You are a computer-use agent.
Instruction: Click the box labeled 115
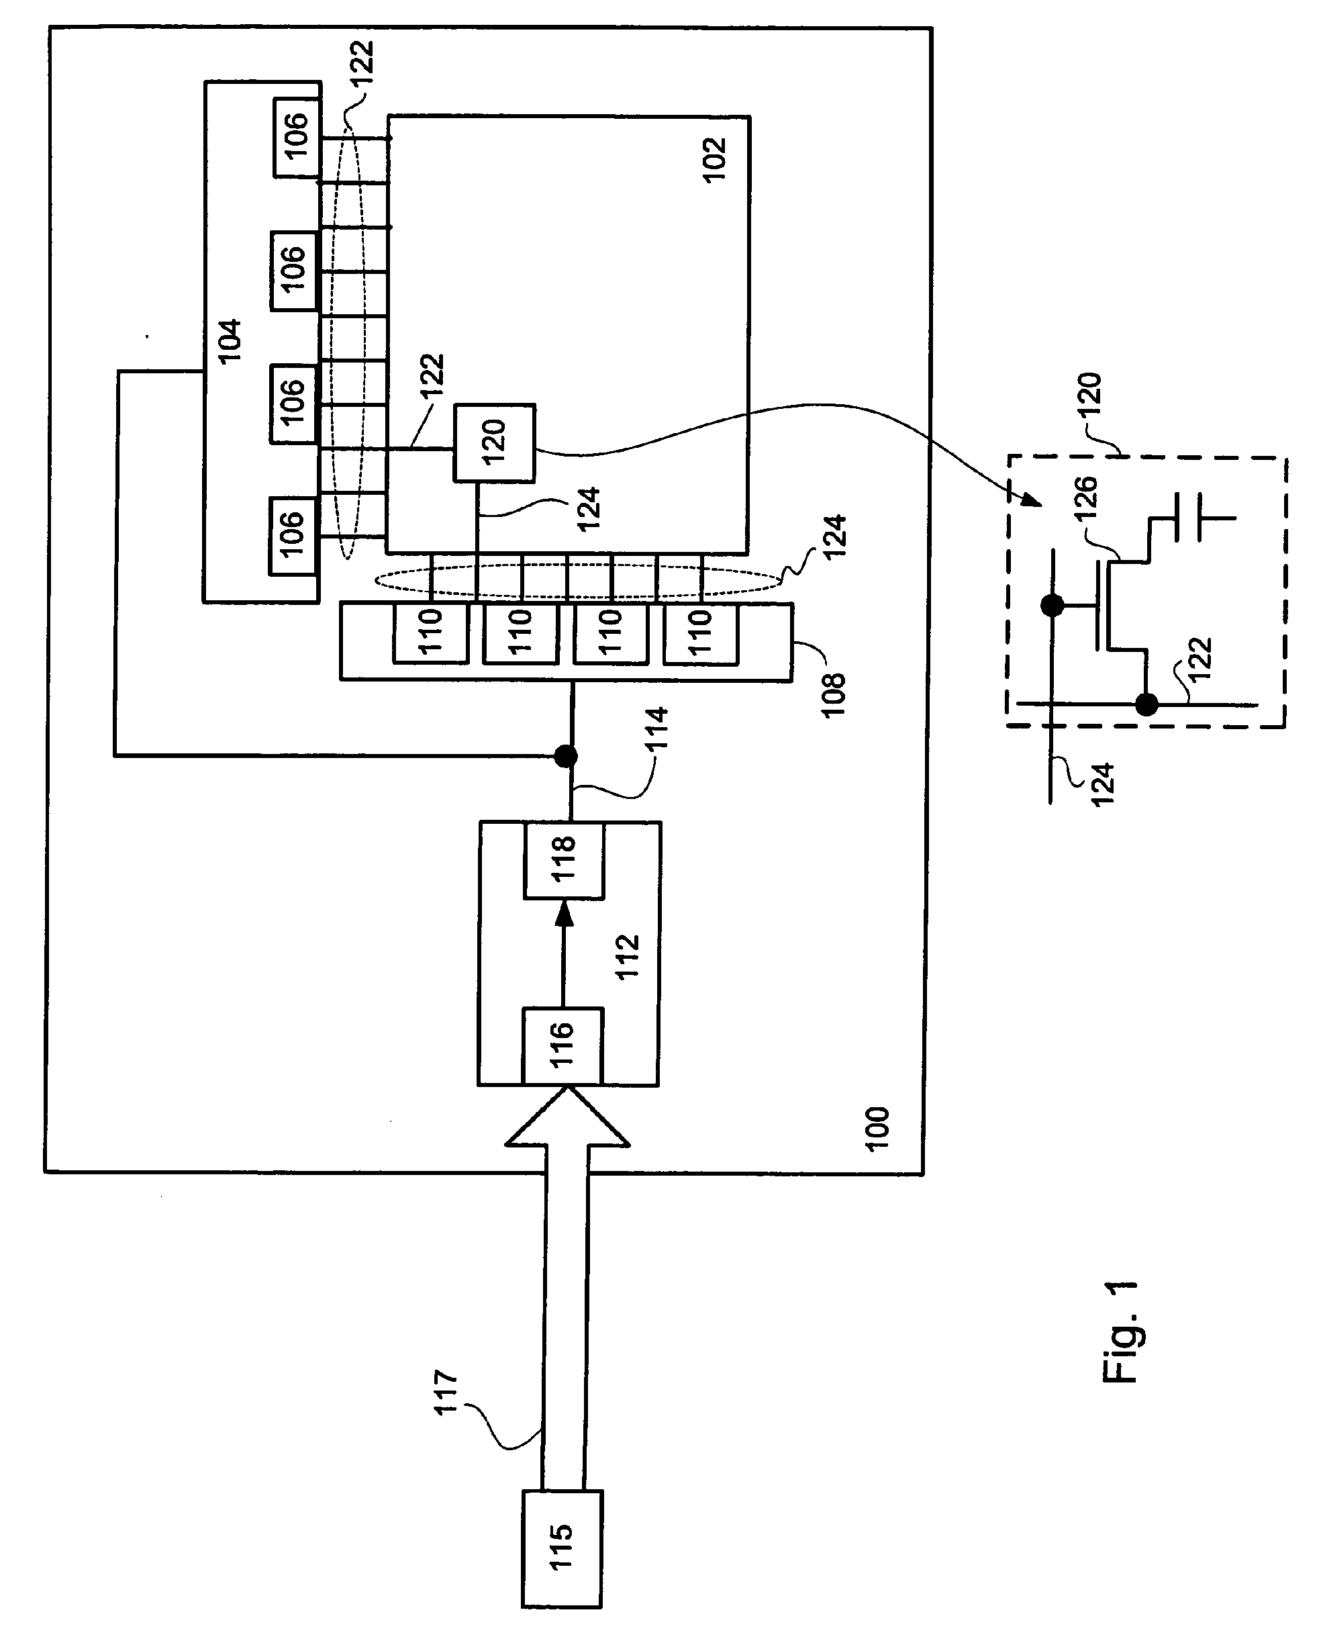(562, 1548)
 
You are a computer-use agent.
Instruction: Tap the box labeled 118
(564, 860)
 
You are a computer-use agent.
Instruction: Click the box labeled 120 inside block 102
(494, 442)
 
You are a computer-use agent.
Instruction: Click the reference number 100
(877, 1128)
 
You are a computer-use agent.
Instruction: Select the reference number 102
(714, 159)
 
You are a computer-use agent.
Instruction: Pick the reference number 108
(833, 694)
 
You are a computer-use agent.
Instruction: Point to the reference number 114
(656, 728)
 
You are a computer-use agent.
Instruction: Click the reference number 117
(446, 1393)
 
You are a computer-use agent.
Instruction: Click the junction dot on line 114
(565, 756)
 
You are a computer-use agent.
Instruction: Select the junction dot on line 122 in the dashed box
(1146, 704)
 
